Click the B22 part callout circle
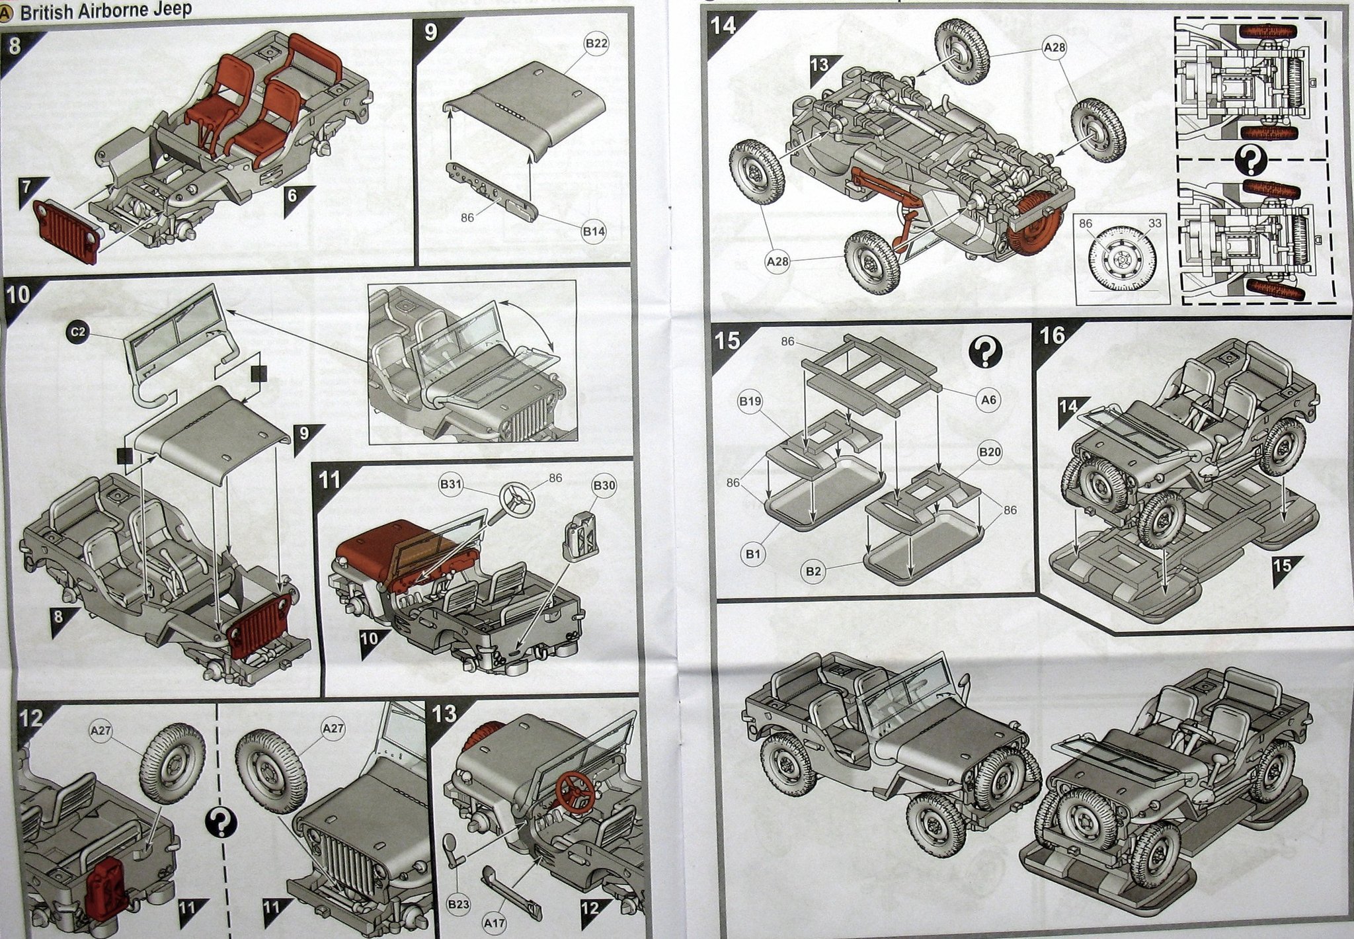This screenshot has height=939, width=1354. (x=597, y=44)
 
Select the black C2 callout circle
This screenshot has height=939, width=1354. (x=78, y=333)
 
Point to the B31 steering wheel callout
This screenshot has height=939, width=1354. (x=451, y=485)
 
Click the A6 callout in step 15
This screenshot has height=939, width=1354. (x=989, y=399)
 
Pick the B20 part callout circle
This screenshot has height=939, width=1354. (x=990, y=453)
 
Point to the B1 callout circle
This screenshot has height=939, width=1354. (x=752, y=554)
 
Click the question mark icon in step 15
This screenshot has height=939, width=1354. (x=985, y=354)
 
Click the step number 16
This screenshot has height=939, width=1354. (x=1053, y=336)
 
